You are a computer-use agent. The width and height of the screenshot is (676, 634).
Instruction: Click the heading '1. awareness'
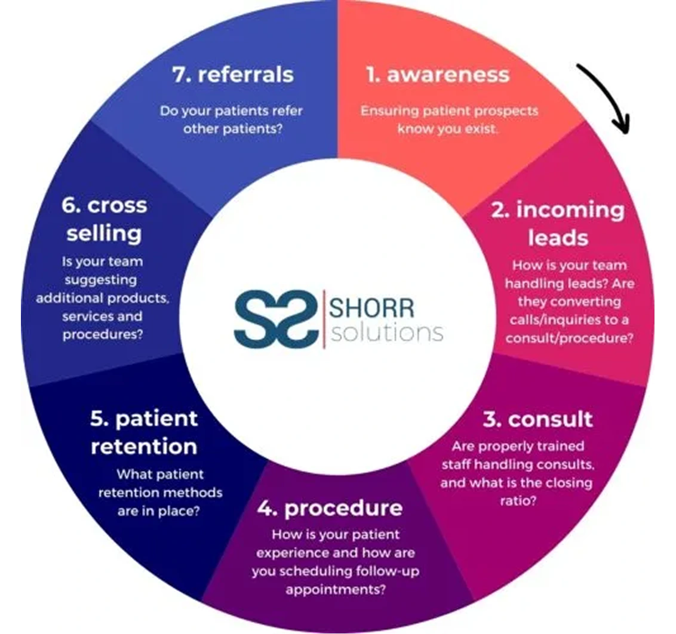(x=438, y=75)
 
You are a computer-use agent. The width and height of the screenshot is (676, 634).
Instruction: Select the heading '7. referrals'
(x=232, y=75)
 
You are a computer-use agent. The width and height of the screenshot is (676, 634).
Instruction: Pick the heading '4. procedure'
(x=330, y=508)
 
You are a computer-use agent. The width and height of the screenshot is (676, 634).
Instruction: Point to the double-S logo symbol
(x=273, y=317)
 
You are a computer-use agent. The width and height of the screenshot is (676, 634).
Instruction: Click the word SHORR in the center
(x=371, y=309)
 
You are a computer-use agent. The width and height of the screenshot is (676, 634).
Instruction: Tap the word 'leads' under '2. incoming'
(x=557, y=238)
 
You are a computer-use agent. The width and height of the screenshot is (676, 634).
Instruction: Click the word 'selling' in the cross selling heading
(x=104, y=233)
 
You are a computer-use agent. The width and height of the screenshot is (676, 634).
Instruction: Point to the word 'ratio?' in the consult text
(x=517, y=501)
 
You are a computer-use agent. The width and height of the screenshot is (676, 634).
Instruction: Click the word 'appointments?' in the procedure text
(x=334, y=590)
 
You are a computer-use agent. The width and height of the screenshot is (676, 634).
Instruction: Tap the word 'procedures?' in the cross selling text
(x=103, y=334)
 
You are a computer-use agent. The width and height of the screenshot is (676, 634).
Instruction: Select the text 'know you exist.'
(x=447, y=129)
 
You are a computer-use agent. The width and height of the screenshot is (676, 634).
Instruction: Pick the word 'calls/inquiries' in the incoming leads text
(x=545, y=320)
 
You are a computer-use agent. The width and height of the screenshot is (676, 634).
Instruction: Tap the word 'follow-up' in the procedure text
(x=391, y=571)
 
